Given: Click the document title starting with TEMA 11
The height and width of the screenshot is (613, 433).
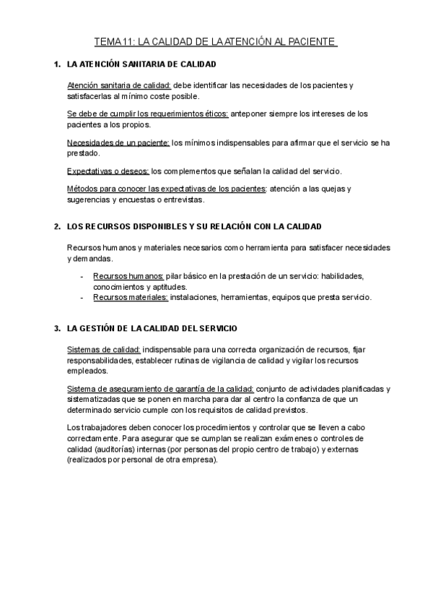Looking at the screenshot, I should click(216, 42).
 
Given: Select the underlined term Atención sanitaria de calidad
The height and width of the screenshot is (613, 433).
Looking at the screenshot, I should click(118, 85).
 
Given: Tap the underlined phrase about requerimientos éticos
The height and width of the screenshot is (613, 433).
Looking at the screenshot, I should click(148, 113).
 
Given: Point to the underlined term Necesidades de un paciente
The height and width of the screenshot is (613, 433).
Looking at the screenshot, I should click(118, 142).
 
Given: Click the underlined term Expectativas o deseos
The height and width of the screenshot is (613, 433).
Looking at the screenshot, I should click(108, 171).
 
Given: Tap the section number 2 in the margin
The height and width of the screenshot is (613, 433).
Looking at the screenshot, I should click(57, 227).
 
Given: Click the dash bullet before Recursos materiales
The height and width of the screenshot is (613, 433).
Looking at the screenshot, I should click(83, 296).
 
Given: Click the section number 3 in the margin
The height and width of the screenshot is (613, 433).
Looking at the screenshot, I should click(57, 329).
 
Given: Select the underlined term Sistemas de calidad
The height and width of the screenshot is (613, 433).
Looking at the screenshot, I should click(103, 348).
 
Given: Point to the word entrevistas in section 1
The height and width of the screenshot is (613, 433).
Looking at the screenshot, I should click(183, 200).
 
